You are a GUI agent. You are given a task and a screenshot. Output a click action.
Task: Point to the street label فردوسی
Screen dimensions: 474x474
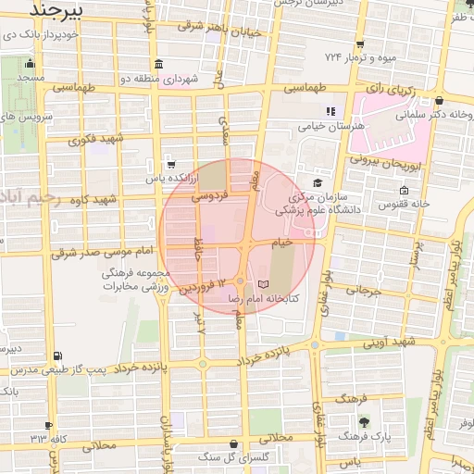(209, 197)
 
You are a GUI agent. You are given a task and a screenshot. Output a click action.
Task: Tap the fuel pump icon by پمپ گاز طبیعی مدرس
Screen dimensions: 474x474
(58, 355)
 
